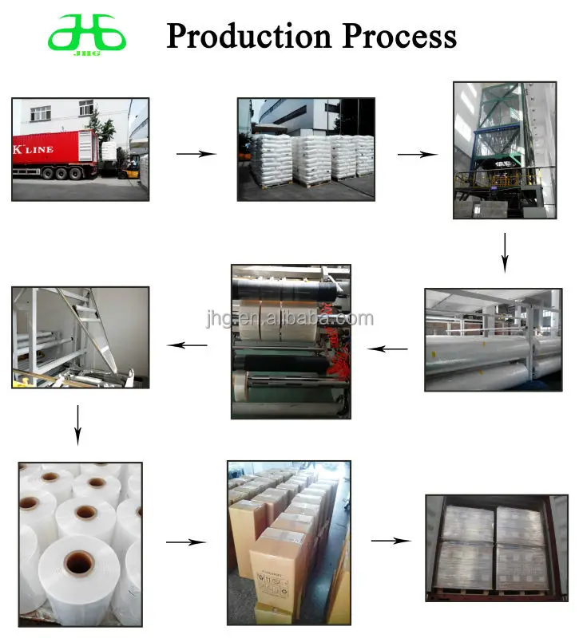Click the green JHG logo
[x=86, y=36]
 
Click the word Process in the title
[x=400, y=37]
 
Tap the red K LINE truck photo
[x=80, y=149]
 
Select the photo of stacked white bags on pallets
[x=305, y=149]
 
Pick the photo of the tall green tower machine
[x=504, y=149]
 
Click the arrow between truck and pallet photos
[x=196, y=154]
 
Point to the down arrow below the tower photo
[x=505, y=252]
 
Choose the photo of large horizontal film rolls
[x=493, y=339]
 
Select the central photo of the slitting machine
[x=291, y=341]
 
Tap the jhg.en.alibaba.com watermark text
[x=288, y=319]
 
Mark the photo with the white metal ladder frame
[x=80, y=337]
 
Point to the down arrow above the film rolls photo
[x=77, y=424]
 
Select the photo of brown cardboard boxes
[x=288, y=543]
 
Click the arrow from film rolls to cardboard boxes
[x=185, y=542]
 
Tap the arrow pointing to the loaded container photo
[x=391, y=541]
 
